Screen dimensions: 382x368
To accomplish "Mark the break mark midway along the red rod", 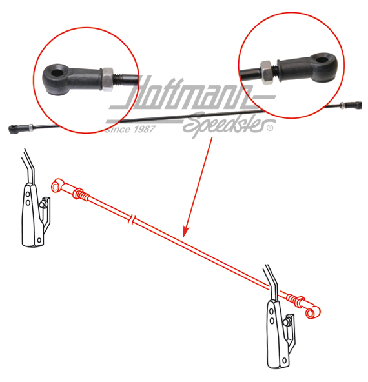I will coord(132,220).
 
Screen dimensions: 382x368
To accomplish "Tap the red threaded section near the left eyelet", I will coord(81,194).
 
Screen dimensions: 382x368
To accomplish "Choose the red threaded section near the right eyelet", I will coord(296,300).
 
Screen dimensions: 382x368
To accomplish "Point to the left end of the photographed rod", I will coord(12,128).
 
